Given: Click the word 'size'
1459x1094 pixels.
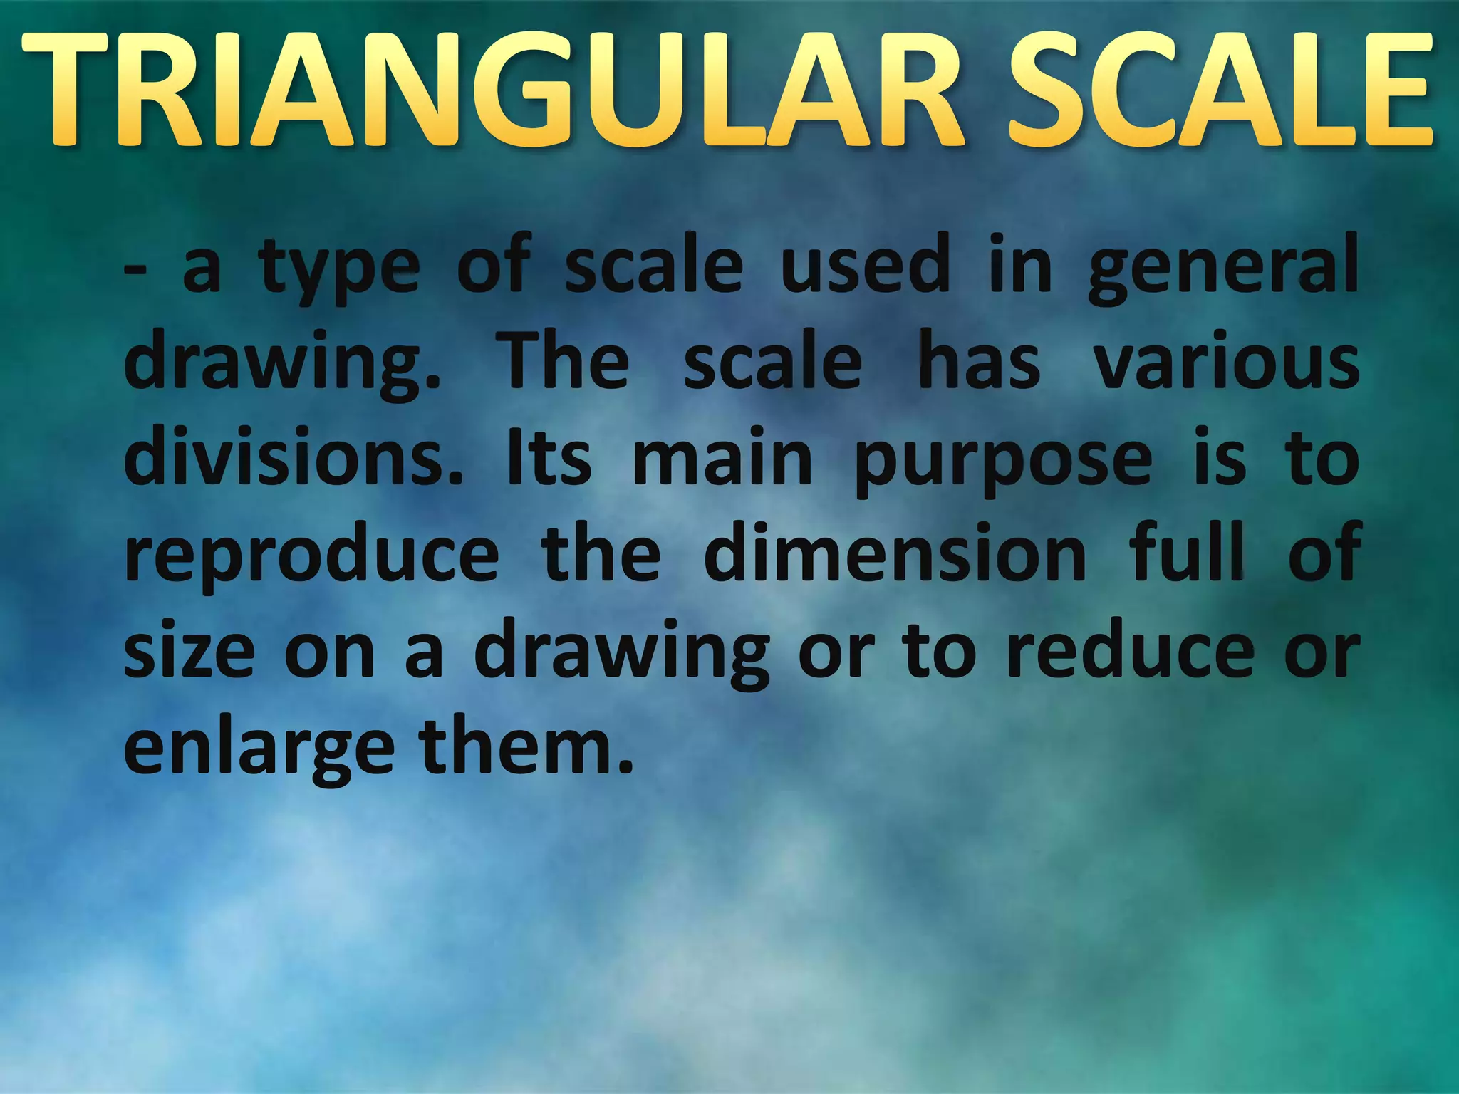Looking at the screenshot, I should pyautogui.click(x=189, y=651).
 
